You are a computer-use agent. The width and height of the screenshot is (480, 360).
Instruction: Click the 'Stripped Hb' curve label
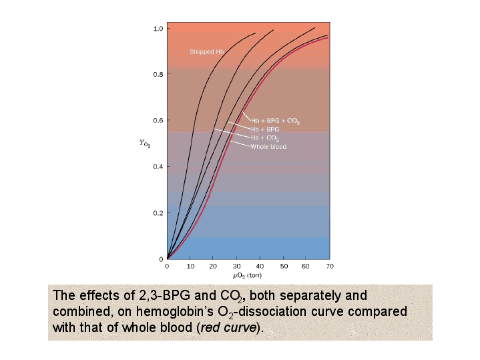click(206, 51)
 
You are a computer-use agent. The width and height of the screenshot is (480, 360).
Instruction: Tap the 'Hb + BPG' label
click(266, 129)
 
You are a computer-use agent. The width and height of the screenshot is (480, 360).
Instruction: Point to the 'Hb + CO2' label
click(265, 138)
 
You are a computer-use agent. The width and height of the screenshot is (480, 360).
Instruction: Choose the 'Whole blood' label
click(268, 146)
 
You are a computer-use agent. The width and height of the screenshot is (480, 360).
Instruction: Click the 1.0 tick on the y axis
click(158, 29)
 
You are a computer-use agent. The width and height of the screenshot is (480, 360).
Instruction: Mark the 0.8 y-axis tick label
click(158, 74)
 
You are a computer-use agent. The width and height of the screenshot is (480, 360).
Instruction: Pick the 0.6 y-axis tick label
click(158, 121)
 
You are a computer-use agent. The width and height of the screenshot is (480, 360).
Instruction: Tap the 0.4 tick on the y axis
click(158, 166)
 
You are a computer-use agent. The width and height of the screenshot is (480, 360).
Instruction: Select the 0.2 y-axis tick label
click(158, 213)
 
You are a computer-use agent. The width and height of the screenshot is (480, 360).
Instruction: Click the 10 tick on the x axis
click(190, 266)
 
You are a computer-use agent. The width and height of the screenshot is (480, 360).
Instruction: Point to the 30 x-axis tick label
click(237, 266)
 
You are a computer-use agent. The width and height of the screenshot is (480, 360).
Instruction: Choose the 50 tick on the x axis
click(283, 266)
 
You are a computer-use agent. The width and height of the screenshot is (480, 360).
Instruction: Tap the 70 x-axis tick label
click(330, 266)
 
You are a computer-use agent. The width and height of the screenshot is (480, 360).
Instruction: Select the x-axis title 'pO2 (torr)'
click(247, 275)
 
